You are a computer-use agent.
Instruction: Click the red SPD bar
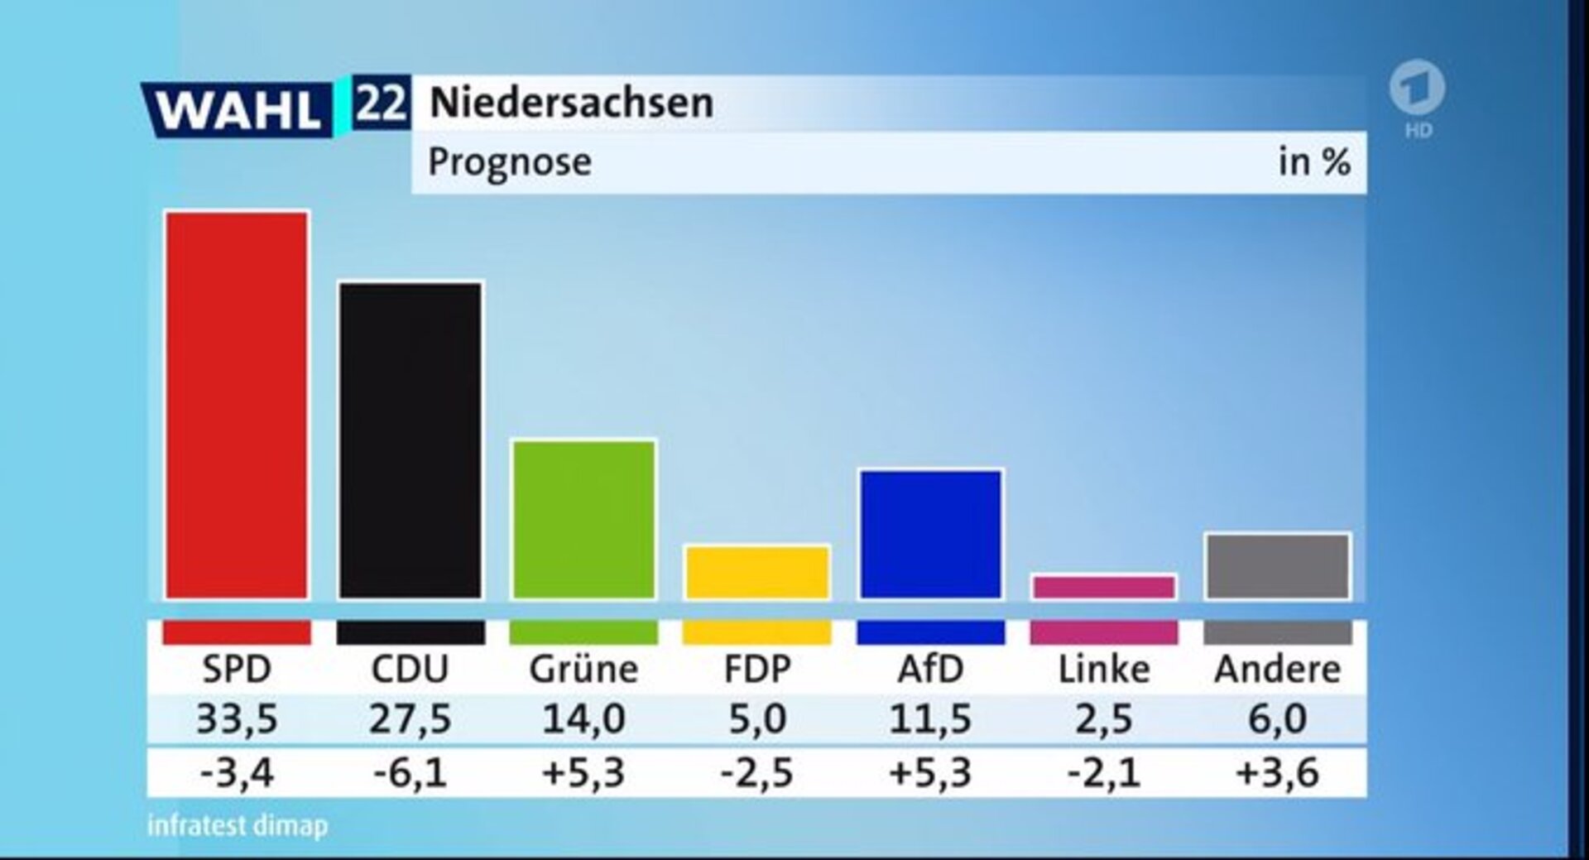pos(237,406)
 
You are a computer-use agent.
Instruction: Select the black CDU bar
pos(410,440)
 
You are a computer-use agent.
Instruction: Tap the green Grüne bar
pos(583,519)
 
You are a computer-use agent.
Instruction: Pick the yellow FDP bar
pos(757,572)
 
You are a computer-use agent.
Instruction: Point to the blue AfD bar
pos(931,534)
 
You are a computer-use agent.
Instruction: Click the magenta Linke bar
pos(1104,587)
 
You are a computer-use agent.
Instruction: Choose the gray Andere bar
pos(1277,566)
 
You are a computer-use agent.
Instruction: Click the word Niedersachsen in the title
pos(571,103)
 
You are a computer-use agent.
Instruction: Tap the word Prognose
pos(509,162)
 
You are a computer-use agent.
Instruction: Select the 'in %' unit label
pos(1313,162)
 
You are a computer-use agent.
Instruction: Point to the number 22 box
pos(381,103)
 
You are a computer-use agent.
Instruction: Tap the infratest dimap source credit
pos(238,825)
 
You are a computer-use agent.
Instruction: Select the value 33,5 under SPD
pos(237,718)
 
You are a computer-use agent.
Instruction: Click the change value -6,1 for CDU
pos(410,773)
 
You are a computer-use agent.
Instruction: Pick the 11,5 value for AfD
pos(930,718)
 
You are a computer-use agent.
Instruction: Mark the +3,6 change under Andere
pos(1277,773)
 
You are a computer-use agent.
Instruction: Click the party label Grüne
pos(583,669)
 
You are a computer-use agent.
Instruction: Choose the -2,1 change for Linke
pos(1103,773)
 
